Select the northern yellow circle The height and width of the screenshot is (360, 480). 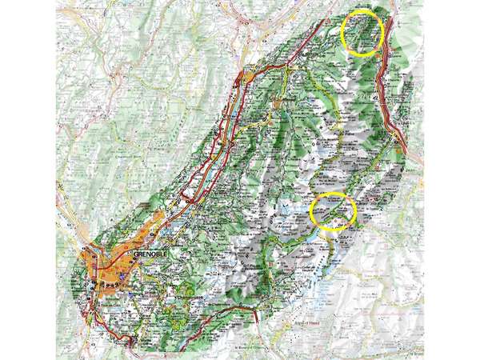362,32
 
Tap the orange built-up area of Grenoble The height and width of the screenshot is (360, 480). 104,272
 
